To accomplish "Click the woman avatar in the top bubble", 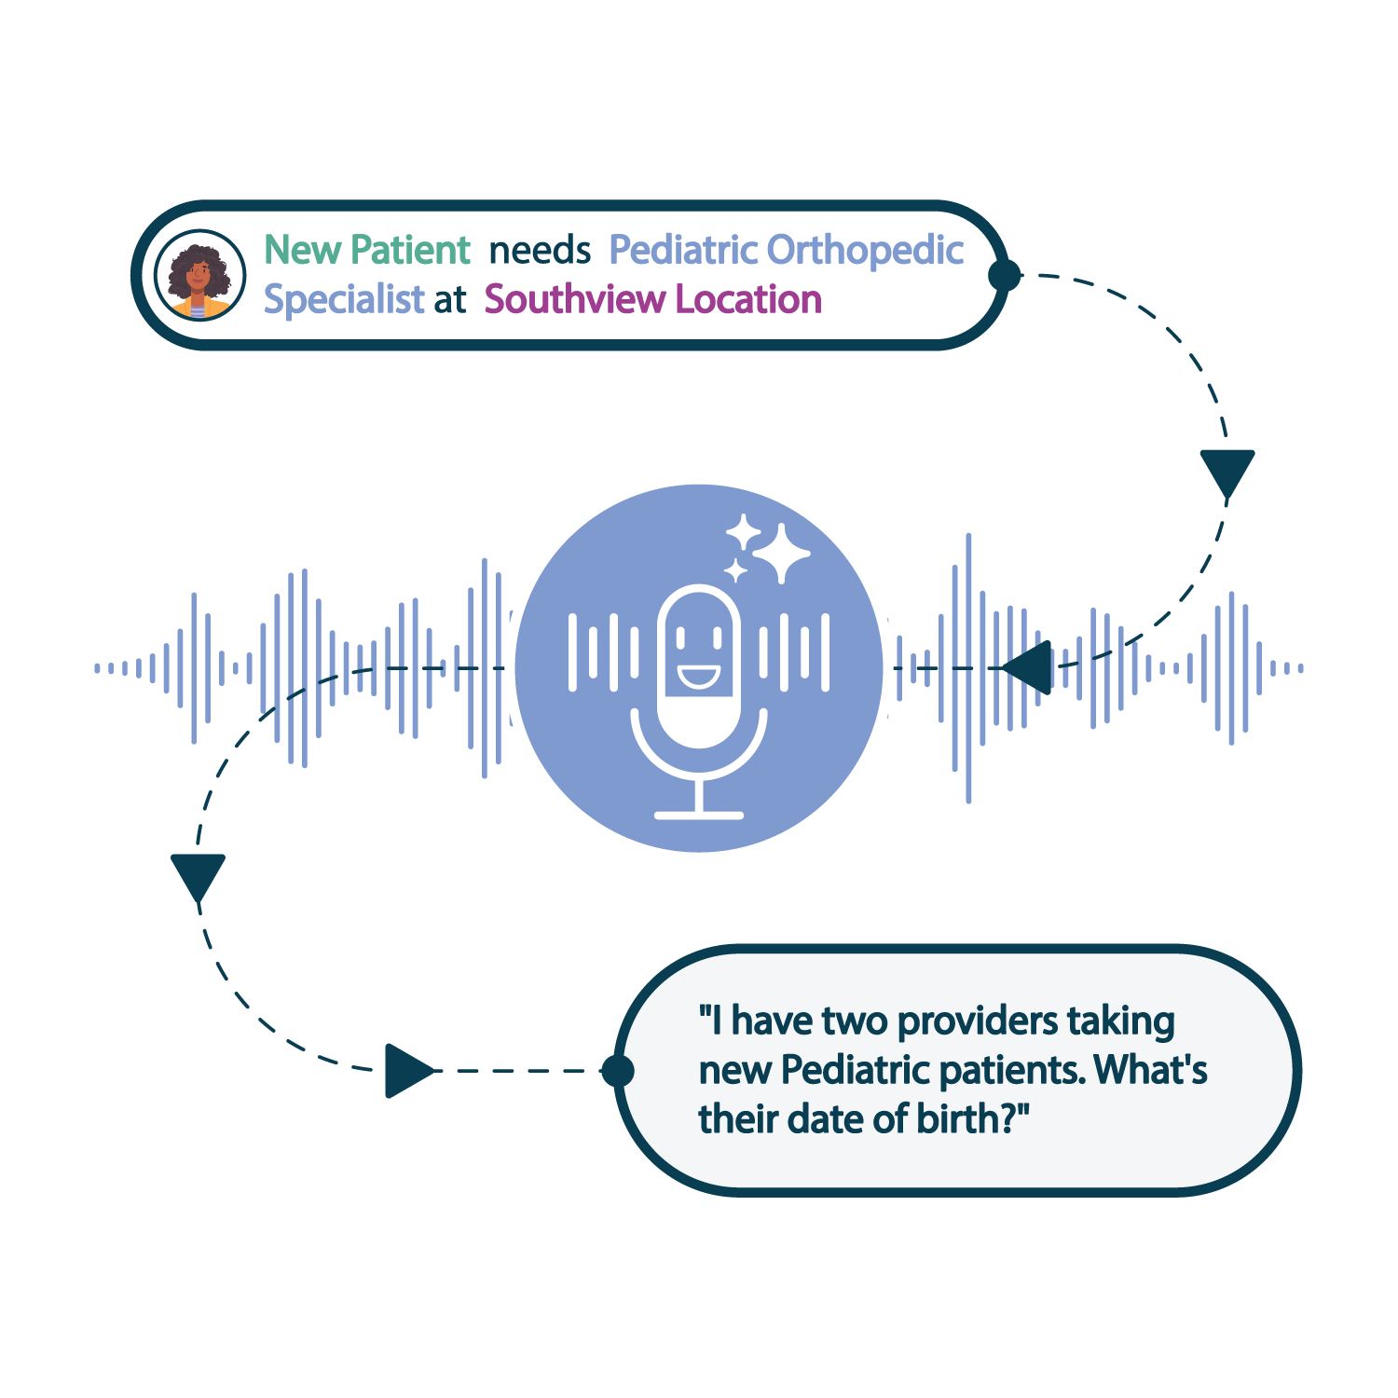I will (x=199, y=275).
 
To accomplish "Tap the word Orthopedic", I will (x=865, y=251).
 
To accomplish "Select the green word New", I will (x=303, y=250).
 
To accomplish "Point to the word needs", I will (x=540, y=251).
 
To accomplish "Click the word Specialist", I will (x=344, y=300).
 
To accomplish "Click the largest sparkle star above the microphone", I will (x=781, y=553).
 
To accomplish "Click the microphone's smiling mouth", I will (x=698, y=675).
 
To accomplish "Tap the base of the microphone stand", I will (x=699, y=815).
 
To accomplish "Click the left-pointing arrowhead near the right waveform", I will (x=1030, y=667).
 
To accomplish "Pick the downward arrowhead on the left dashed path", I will (x=198, y=875).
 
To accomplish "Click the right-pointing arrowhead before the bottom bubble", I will (x=406, y=1071).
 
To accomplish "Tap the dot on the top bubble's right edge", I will (x=1005, y=275).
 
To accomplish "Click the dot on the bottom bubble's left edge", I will (x=617, y=1071).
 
